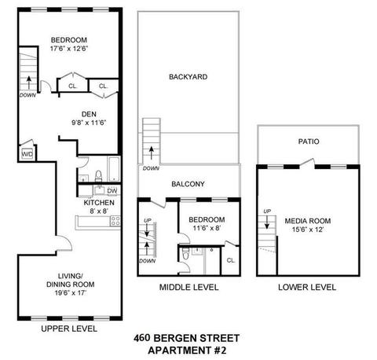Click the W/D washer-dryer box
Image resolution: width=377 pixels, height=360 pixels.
(x=27, y=154)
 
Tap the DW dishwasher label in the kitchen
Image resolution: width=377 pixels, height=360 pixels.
(x=112, y=191)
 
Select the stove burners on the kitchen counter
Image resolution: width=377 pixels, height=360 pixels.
(x=115, y=221)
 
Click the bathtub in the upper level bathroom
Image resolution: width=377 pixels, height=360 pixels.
(x=114, y=169)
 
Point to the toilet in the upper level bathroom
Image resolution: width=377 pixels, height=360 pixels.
(x=98, y=176)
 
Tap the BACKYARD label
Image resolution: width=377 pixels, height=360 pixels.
(x=188, y=77)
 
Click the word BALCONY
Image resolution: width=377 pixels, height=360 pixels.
(x=188, y=184)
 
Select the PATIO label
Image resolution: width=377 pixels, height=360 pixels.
(x=309, y=141)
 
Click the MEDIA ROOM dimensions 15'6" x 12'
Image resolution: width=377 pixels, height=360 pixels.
(x=308, y=230)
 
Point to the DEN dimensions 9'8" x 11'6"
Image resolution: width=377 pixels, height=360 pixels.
(x=89, y=123)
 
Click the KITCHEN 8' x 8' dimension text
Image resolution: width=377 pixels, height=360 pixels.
(x=99, y=211)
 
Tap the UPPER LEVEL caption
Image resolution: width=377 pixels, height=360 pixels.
(x=69, y=329)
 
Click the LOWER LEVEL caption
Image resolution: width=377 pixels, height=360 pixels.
(x=307, y=287)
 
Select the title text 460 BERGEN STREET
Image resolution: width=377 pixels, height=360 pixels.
(x=186, y=338)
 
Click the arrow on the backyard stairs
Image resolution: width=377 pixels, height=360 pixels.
(x=152, y=152)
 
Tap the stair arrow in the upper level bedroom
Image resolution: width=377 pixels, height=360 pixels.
(x=28, y=83)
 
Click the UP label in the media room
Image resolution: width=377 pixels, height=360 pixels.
(x=267, y=211)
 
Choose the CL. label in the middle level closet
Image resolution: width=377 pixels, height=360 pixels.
(x=231, y=260)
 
